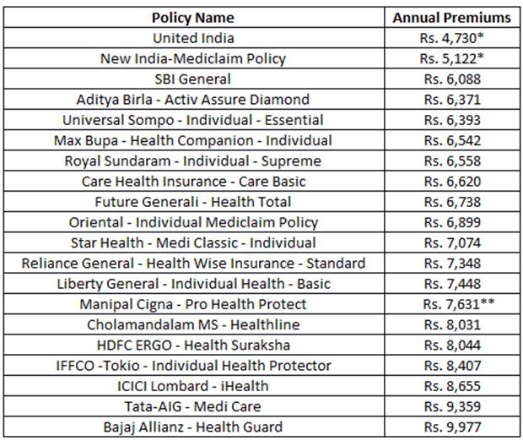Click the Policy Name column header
[193, 17]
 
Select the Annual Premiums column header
[451, 17]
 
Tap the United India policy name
[193, 38]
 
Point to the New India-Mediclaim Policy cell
[193, 58]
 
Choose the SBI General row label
[193, 79]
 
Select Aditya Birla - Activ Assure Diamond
[193, 100]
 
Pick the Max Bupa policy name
[193, 140]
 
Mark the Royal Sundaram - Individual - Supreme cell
[193, 160]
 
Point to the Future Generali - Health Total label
[193, 202]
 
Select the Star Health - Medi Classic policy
[193, 242]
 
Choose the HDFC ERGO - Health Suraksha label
[193, 345]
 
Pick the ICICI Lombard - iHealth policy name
[193, 386]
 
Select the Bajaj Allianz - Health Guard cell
[193, 427]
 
